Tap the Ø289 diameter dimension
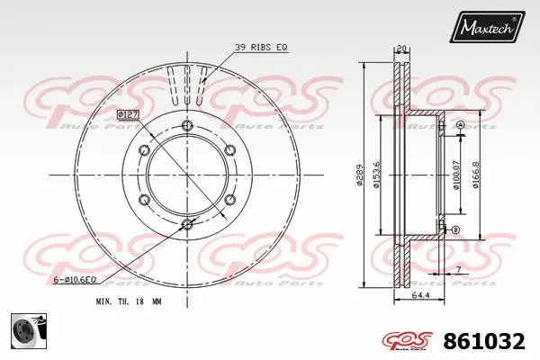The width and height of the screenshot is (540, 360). [x=359, y=175]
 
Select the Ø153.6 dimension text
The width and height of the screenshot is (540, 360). [x=379, y=175]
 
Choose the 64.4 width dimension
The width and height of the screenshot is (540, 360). [x=419, y=295]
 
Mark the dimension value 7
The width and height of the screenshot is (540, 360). [x=458, y=271]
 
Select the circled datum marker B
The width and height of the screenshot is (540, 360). [x=455, y=230]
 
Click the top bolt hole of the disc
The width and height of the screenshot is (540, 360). [x=187, y=124]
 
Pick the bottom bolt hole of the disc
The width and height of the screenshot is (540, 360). [x=187, y=224]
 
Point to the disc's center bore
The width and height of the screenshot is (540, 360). [x=187, y=175]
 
